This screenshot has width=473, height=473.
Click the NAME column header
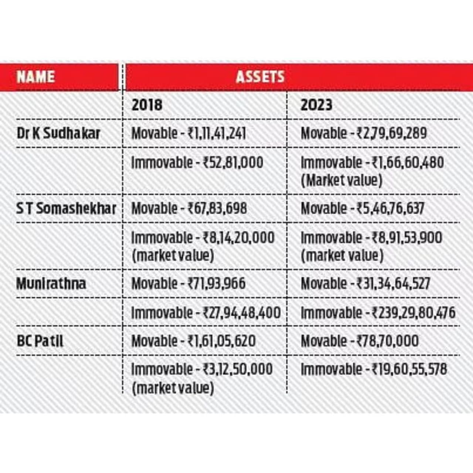(x=35, y=77)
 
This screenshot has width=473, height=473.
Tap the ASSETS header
(x=260, y=77)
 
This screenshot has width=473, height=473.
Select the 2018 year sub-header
(x=147, y=105)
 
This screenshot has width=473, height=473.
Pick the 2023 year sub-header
(x=316, y=105)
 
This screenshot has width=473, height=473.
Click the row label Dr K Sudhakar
(x=58, y=133)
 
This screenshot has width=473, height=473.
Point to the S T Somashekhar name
(x=66, y=209)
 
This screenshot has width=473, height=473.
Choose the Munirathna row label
(x=51, y=284)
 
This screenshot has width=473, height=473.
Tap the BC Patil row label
(x=40, y=341)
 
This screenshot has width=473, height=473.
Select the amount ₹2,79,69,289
(x=392, y=133)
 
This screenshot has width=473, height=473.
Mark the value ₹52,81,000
(x=233, y=163)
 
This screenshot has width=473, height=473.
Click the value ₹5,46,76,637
(x=390, y=209)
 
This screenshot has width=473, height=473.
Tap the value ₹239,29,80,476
(x=414, y=313)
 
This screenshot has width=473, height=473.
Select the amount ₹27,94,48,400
(x=242, y=313)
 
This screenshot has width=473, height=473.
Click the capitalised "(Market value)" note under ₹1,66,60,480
(x=341, y=181)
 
